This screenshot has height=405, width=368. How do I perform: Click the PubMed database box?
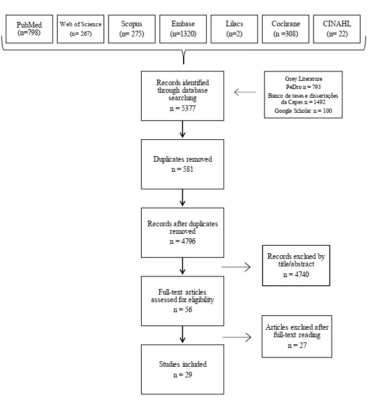29,29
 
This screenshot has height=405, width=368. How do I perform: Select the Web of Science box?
81,29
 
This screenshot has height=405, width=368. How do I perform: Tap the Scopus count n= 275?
132,34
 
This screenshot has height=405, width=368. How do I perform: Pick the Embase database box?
183,29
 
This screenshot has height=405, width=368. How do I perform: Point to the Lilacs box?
234,29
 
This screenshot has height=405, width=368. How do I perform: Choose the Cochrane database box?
286,29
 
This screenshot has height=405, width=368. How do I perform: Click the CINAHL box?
337,29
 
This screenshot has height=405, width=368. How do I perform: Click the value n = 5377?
182,108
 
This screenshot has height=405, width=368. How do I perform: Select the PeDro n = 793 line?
303,87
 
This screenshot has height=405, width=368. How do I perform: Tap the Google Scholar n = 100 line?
303,111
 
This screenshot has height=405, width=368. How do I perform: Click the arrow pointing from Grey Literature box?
245,92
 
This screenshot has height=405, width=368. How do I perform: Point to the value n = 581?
182,169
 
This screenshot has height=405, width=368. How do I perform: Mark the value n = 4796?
182,241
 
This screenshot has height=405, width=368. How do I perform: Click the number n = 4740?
296,275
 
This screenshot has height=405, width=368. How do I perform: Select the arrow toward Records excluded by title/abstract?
236,267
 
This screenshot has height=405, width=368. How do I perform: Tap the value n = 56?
182,310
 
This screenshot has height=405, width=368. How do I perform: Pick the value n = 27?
297,345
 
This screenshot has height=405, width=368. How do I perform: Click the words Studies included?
182,364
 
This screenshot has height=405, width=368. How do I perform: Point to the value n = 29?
182,375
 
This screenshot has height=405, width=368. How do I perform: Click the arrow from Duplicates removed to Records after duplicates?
182,197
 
